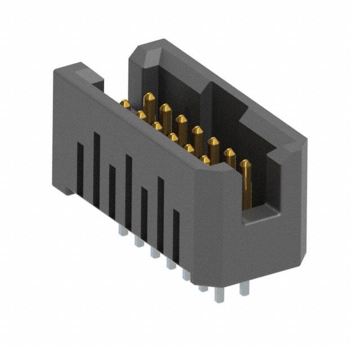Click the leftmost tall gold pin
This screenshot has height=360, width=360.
point(149,105)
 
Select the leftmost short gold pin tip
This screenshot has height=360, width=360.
point(125,104)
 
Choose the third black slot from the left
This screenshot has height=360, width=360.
point(112,191)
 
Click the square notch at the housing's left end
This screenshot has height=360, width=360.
point(97,85)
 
